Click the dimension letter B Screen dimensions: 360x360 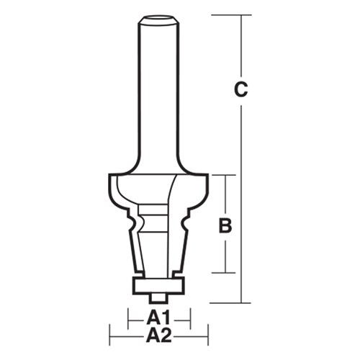pos(225,225)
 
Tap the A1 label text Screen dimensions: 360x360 pos(158,318)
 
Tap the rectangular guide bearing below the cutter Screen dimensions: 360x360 pos(158,284)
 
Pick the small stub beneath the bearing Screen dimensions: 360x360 pos(158,296)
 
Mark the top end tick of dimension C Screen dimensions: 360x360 pos(241,14)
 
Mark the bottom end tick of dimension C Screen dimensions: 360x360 pos(241,303)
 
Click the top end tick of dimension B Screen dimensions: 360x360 pos(225,175)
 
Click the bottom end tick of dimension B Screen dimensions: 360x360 pos(225,273)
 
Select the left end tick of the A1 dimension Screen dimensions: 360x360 pos(127,318)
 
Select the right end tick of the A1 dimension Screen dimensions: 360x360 pos(190,318)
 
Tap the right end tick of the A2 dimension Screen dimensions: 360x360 pos(208,334)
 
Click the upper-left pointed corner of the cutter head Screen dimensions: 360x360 pos(109,175)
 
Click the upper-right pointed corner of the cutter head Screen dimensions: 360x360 pos(207,175)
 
